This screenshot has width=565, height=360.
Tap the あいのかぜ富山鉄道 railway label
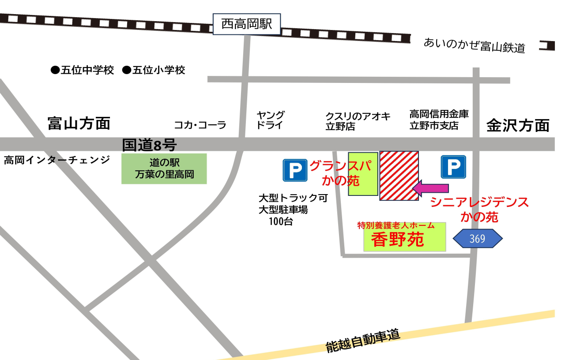pyautogui.click(x=475, y=45)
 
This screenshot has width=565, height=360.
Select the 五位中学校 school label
pyautogui.click(x=83, y=70)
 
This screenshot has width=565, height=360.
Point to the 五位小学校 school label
pyautogui.click(x=154, y=70)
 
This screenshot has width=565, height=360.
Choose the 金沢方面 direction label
pyautogui.click(x=518, y=126)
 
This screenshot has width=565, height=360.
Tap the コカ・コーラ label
pyautogui.click(x=200, y=125)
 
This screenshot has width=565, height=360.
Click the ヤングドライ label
pyautogui.click(x=271, y=120)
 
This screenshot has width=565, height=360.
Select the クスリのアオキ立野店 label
pyautogui.click(x=358, y=121)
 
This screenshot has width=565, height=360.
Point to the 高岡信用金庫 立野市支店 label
pyautogui.click(x=439, y=120)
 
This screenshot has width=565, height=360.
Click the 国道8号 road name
pyautogui.click(x=149, y=144)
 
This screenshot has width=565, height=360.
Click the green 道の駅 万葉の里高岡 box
pyautogui.click(x=164, y=169)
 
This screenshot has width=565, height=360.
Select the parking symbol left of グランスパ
pyautogui.click(x=295, y=170)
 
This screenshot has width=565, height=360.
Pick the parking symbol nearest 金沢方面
pyautogui.click(x=453, y=167)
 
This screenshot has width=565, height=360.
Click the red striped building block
pyautogui.click(x=399, y=176)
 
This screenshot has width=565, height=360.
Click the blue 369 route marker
pyautogui.click(x=478, y=239)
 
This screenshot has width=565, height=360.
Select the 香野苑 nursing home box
pyautogui.click(x=404, y=237)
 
